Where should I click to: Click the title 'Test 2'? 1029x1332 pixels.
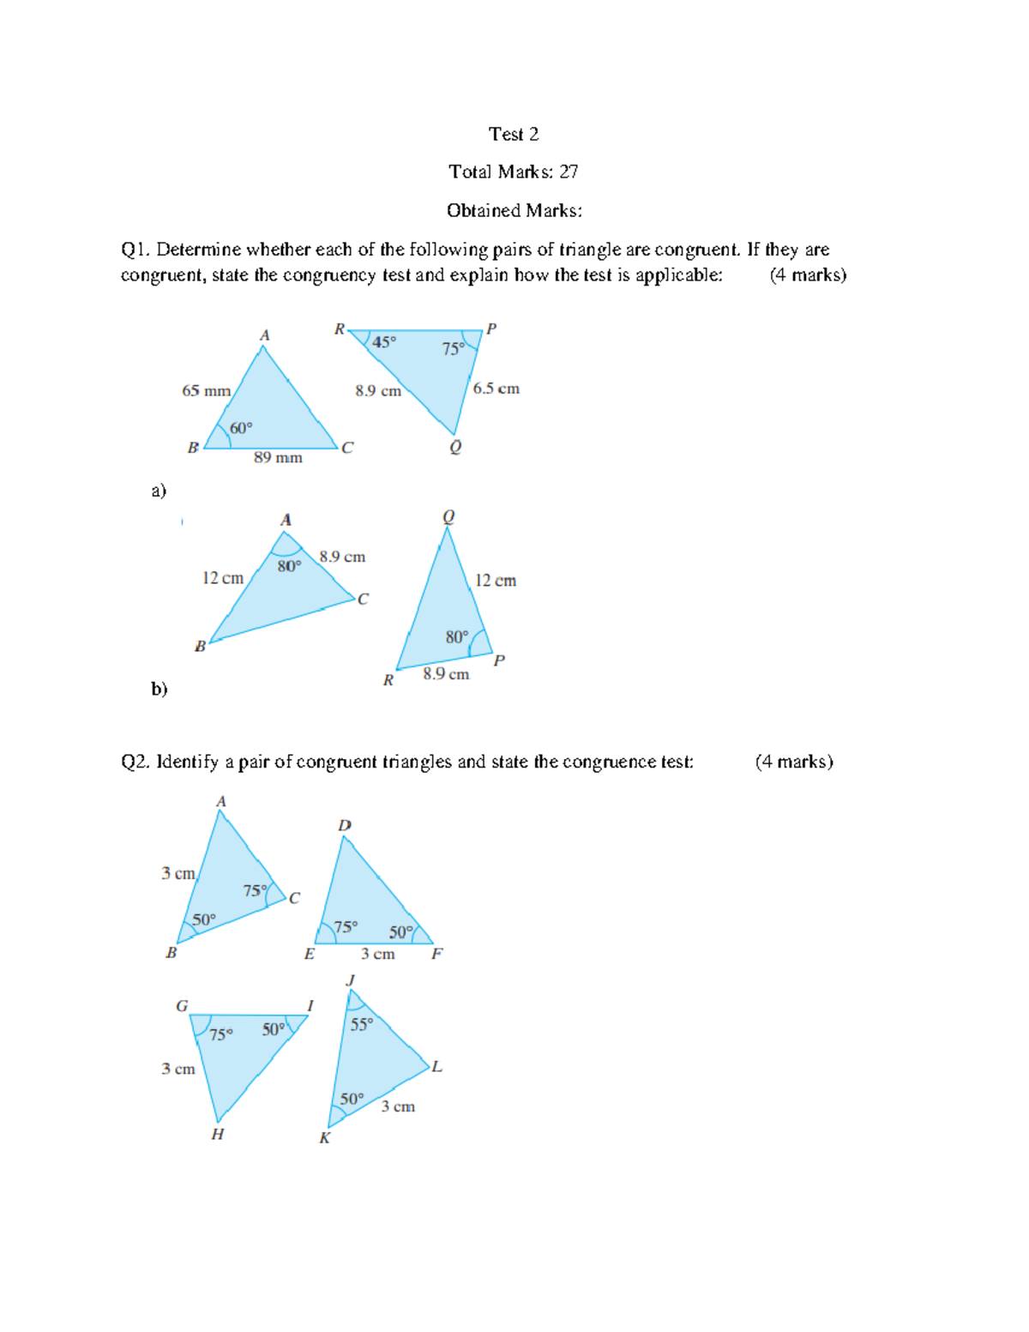[x=514, y=134]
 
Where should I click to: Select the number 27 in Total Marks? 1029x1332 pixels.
[x=569, y=172]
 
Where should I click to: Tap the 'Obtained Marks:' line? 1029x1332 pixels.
[x=514, y=210]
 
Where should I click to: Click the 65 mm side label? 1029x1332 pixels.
[x=206, y=391]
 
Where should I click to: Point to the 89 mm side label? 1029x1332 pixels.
[x=278, y=458]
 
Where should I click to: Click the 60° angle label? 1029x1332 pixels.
[x=241, y=428]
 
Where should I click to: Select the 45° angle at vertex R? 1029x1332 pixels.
[x=383, y=342]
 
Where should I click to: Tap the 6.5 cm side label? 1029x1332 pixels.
[x=496, y=389]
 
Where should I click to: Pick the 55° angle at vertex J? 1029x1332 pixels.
[x=362, y=1024]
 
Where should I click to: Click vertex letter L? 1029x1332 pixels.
[x=437, y=1067]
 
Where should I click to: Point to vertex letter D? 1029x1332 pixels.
[x=344, y=825]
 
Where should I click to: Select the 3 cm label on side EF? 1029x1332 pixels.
[x=377, y=954]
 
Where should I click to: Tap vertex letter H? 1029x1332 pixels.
[x=218, y=1134]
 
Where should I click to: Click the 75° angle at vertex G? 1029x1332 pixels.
[x=221, y=1034]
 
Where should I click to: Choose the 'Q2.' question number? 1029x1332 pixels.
[x=135, y=762]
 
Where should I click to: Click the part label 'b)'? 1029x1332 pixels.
[x=159, y=689]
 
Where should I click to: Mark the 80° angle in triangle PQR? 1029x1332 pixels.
[x=457, y=637]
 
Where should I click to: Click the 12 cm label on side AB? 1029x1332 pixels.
[x=223, y=578]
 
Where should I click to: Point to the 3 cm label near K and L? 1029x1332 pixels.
[x=398, y=1106]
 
